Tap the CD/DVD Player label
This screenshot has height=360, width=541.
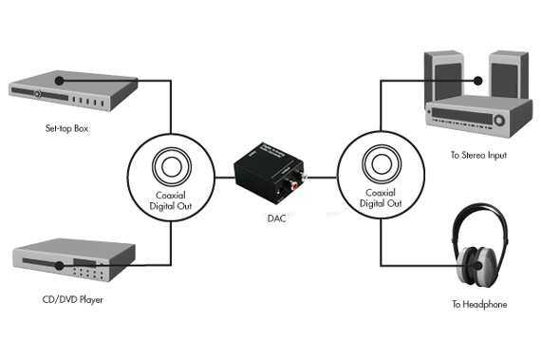click(73, 300)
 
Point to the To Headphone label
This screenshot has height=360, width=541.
click(478, 304)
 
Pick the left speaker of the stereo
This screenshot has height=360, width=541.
click(440, 75)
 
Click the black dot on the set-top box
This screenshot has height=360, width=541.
click(58, 80)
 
